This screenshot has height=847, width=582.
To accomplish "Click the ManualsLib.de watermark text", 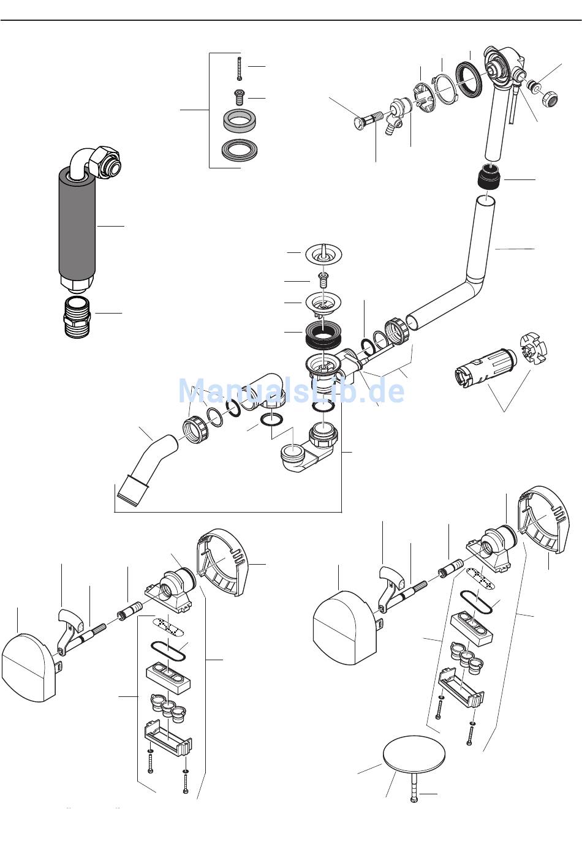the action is (x=291, y=391).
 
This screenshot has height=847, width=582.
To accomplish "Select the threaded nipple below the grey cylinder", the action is (x=78, y=317).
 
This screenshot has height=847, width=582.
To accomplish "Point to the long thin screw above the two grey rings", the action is (x=239, y=68).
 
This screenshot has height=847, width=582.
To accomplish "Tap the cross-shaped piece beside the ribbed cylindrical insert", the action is (x=533, y=349).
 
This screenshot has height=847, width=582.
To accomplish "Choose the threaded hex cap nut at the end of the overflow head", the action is (x=551, y=99).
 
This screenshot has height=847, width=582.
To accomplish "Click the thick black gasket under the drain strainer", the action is (x=323, y=334).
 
